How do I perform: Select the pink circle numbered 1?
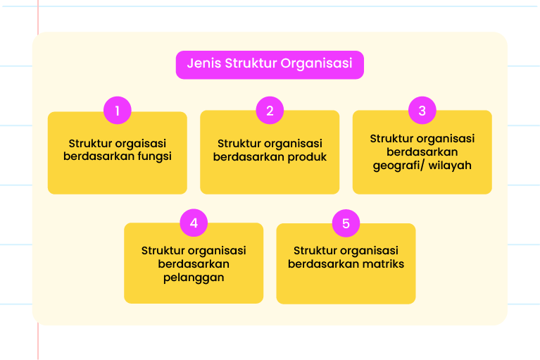[x=118, y=110]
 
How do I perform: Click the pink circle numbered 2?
[x=270, y=110]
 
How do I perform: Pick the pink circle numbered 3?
[x=422, y=110]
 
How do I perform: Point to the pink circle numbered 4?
[x=194, y=223]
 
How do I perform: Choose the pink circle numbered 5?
[x=346, y=223]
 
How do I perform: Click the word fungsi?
[x=155, y=156]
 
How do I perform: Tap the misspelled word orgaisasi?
[x=142, y=144]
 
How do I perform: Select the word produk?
[x=307, y=157]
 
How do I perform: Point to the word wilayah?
[x=450, y=166]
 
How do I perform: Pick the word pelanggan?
[x=194, y=278]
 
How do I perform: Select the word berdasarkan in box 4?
[x=194, y=264]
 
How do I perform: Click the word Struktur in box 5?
[x=315, y=250]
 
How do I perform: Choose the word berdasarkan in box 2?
[x=249, y=157]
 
